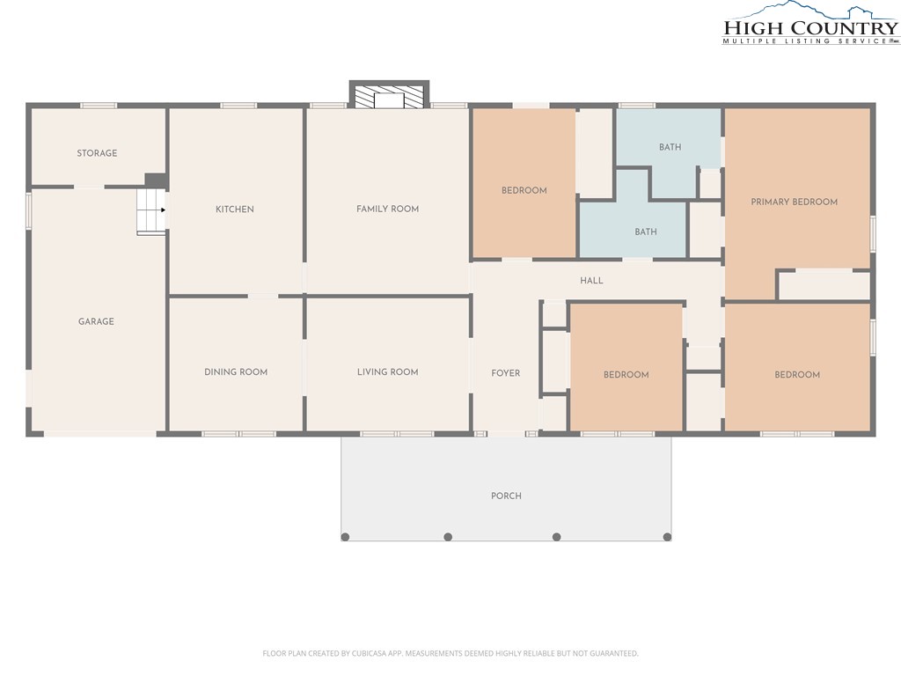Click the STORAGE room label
pyautogui.click(x=97, y=153)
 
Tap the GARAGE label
pyautogui.click(x=96, y=321)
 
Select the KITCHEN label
pyautogui.click(x=234, y=209)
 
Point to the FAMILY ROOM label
pyautogui.click(x=387, y=209)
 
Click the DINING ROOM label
pyautogui.click(x=236, y=372)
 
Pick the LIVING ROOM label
pyautogui.click(x=387, y=372)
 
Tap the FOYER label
pyautogui.click(x=506, y=373)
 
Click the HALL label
pyautogui.click(x=591, y=281)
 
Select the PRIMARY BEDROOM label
pyautogui.click(x=795, y=202)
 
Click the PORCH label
pyautogui.click(x=506, y=496)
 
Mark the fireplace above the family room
pyautogui.click(x=389, y=95)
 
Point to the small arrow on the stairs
pyautogui.click(x=163, y=209)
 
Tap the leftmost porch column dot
pyautogui.click(x=345, y=537)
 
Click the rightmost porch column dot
pyautogui.click(x=667, y=537)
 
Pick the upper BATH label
pyautogui.click(x=670, y=147)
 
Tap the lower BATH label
pyautogui.click(x=646, y=231)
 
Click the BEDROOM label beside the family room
pyautogui.click(x=524, y=190)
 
